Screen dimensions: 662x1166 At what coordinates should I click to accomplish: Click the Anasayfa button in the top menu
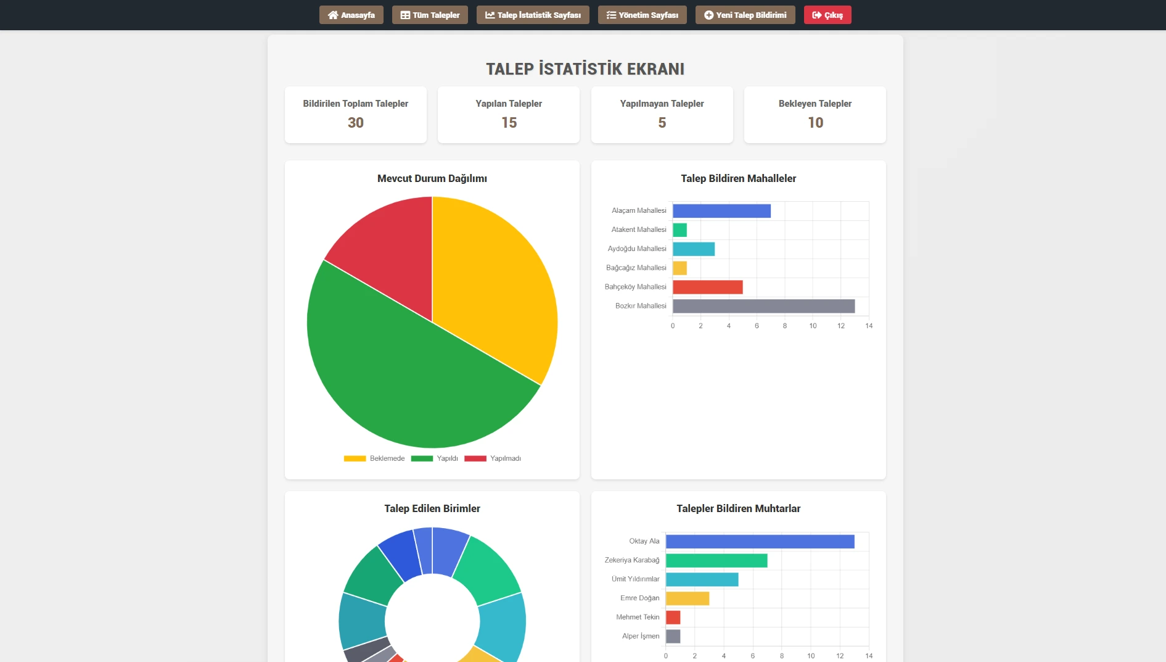[351, 15]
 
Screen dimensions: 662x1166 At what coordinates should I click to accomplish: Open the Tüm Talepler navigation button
[430, 15]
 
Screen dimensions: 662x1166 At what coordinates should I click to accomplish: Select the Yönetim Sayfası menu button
[642, 15]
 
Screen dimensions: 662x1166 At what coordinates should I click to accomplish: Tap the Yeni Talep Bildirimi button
[745, 15]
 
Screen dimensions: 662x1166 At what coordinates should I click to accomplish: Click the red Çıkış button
[827, 15]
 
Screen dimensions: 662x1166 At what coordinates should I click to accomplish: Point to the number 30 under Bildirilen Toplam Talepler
[356, 123]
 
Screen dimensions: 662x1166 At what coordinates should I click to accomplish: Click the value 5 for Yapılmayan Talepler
[662, 123]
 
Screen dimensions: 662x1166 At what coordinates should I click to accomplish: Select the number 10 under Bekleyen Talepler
[815, 123]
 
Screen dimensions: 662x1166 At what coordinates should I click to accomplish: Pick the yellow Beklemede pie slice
[493, 278]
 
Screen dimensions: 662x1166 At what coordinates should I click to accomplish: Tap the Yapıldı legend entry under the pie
[435, 458]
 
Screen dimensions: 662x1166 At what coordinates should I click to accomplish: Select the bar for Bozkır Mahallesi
[763, 306]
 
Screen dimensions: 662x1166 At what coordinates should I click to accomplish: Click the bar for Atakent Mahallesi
[679, 230]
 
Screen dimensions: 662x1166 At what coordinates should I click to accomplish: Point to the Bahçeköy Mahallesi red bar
[707, 287]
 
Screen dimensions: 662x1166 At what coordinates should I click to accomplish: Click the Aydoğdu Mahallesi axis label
[637, 249]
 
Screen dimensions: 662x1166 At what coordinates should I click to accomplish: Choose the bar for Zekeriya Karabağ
[716, 560]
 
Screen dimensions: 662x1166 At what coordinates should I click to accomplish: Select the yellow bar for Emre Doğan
[687, 598]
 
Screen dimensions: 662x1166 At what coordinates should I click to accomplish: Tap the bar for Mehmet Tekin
[673, 618]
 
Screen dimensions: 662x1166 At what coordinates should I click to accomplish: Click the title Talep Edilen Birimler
[432, 508]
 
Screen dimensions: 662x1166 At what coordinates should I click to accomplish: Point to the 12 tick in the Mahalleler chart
[840, 326]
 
